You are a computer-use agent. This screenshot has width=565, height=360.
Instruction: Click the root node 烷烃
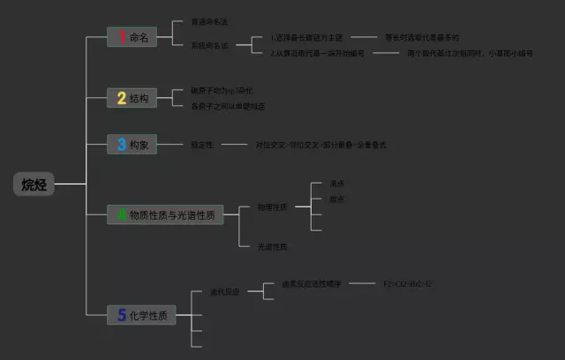pyautogui.click(x=35, y=184)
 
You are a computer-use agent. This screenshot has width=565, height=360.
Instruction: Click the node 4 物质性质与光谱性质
pyautogui.click(x=166, y=214)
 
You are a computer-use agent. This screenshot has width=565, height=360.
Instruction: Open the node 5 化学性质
pyautogui.click(x=141, y=314)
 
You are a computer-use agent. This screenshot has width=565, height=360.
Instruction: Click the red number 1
pyautogui.click(x=122, y=37)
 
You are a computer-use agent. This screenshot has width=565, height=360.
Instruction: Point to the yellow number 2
pyautogui.click(x=122, y=98)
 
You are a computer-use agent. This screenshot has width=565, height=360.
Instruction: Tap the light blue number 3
pyautogui.click(x=122, y=145)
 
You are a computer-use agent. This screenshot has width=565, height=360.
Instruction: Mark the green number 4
pyautogui.click(x=122, y=214)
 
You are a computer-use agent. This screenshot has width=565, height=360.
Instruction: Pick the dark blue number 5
pyautogui.click(x=122, y=314)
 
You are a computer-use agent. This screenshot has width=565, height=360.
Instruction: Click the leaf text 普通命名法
pyautogui.click(x=209, y=21)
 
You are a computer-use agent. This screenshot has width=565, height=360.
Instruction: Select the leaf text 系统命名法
pyautogui.click(x=209, y=45)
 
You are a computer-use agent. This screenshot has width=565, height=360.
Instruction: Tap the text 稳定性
pyautogui.click(x=202, y=144)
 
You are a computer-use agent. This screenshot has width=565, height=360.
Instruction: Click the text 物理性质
pyautogui.click(x=271, y=207)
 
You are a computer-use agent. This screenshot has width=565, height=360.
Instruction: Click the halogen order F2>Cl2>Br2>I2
pyautogui.click(x=407, y=284)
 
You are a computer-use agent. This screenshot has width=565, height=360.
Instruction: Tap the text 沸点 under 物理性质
pyautogui.click(x=336, y=184)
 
